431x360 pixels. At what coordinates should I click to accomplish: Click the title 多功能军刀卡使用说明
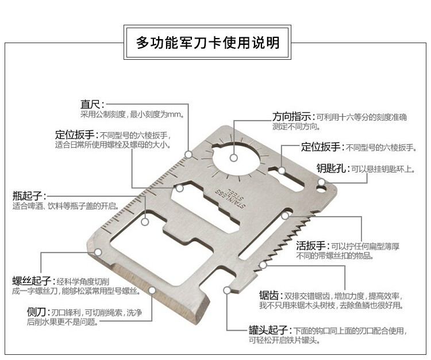point(208,43)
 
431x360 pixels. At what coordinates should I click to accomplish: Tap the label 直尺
point(90,105)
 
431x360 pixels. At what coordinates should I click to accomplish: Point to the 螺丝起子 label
point(32,281)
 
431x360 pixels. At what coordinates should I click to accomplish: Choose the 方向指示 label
point(292,117)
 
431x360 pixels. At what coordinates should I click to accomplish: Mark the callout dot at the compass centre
point(234,157)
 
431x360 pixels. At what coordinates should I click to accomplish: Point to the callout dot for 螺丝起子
point(98,252)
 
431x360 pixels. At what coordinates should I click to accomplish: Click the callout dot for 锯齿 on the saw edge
point(263,265)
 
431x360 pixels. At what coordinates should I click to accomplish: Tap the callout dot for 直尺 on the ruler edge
point(188,154)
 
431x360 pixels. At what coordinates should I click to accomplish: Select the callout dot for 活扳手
point(285,216)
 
